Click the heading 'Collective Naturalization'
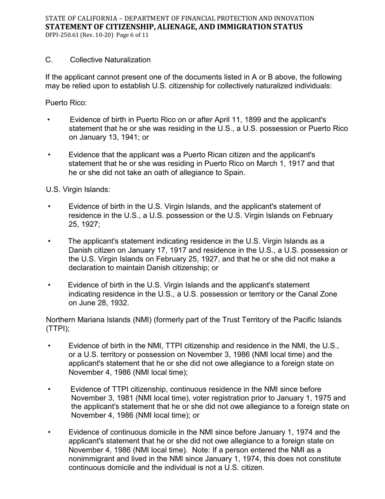pyautogui.click(x=110, y=60)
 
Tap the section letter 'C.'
pyautogui.click(x=49, y=60)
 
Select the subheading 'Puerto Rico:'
pyautogui.click(x=66, y=103)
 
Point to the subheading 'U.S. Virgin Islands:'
pyautogui.click(x=78, y=189)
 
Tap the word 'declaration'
pyautogui.click(x=89, y=268)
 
